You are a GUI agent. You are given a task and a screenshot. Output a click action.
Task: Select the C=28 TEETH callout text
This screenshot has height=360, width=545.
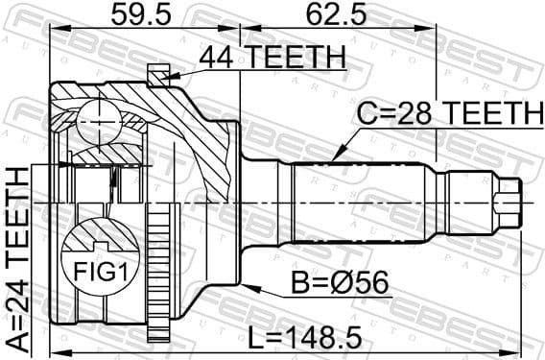click(x=447, y=114)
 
